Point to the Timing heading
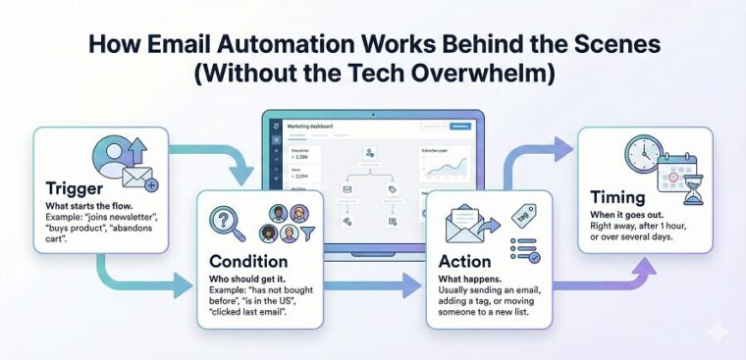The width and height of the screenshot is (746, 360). tap(616, 197)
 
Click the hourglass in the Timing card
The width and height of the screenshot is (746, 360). tap(694, 191)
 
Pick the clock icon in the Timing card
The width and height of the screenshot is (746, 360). tap(644, 154)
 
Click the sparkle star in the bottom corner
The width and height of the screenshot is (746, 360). tap(719, 334)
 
